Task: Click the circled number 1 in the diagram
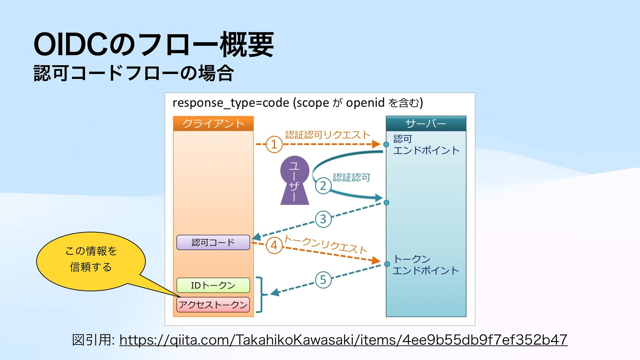274,144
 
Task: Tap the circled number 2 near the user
323,186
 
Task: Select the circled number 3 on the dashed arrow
323,219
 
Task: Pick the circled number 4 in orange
274,246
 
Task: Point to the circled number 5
323,279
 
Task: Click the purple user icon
295,180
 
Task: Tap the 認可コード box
213,242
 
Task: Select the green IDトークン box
213,285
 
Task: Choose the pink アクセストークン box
213,305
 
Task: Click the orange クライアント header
213,124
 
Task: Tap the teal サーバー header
426,124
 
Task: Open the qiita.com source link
343,340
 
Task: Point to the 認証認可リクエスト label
328,135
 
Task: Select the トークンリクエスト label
325,244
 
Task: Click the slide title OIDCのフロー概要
154,45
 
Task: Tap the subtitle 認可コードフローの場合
134,73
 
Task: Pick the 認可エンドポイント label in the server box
426,145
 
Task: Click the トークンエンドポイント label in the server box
425,265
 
